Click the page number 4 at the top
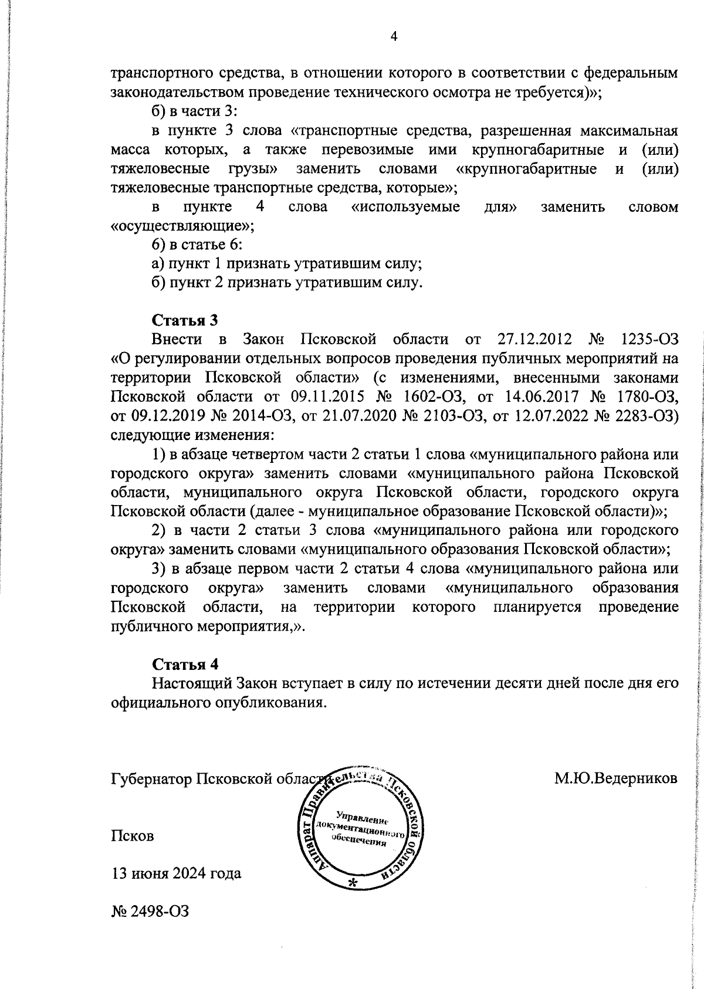(394, 37)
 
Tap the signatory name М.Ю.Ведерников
(615, 779)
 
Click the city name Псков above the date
(133, 836)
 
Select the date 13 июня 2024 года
(176, 873)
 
